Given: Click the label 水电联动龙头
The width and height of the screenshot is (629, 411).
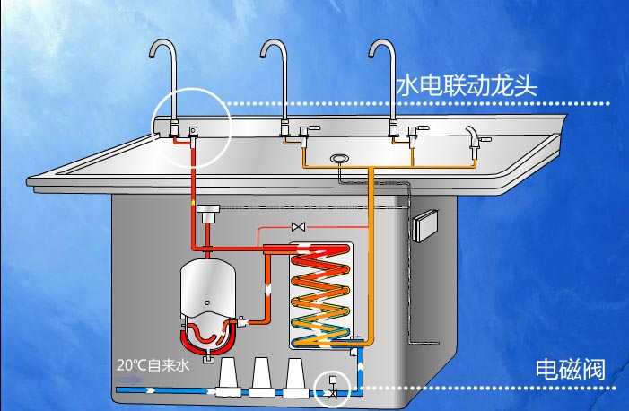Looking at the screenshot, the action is (x=467, y=86).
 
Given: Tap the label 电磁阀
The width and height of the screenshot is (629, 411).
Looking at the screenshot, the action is (x=571, y=369).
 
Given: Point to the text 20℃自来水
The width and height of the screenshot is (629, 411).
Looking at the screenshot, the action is (x=153, y=365).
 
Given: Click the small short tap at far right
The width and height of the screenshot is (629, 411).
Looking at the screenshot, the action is (x=476, y=138).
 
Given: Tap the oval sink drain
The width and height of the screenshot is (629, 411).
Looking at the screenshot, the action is (x=339, y=159).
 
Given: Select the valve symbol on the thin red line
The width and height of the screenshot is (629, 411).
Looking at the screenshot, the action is (x=299, y=227).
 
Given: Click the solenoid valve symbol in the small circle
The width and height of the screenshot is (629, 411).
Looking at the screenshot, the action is (x=333, y=387).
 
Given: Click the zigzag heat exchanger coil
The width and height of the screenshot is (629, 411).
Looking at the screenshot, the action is (x=321, y=295).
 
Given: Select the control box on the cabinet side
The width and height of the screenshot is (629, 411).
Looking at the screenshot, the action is (x=425, y=225).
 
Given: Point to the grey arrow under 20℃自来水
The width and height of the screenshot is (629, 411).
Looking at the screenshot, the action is (x=129, y=380).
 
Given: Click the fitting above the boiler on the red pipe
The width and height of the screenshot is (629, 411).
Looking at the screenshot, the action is (x=208, y=213).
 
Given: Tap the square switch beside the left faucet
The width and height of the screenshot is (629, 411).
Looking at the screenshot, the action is (x=194, y=130).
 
